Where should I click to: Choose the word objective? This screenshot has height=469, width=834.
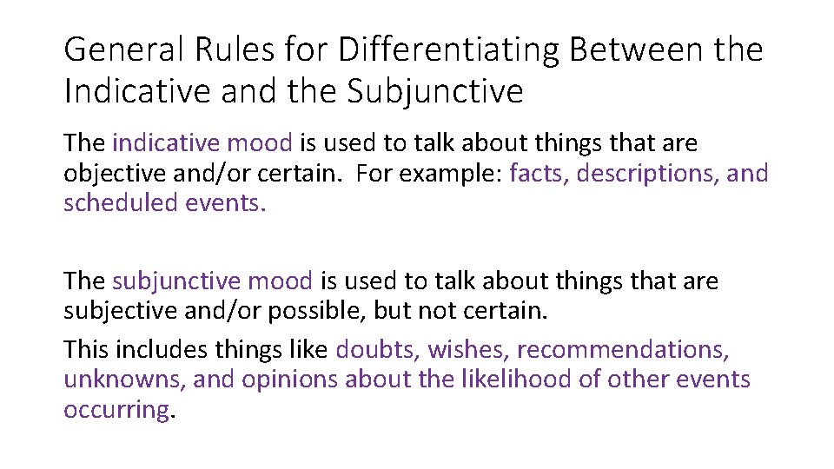tap(115, 174)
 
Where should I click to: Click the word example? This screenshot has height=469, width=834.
tap(454, 174)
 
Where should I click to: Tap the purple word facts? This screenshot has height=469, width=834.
tap(538, 174)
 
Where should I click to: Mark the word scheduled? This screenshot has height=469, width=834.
tap(120, 204)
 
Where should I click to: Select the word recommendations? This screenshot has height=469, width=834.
tap(623, 350)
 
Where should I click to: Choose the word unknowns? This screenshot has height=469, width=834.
tap(123, 380)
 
